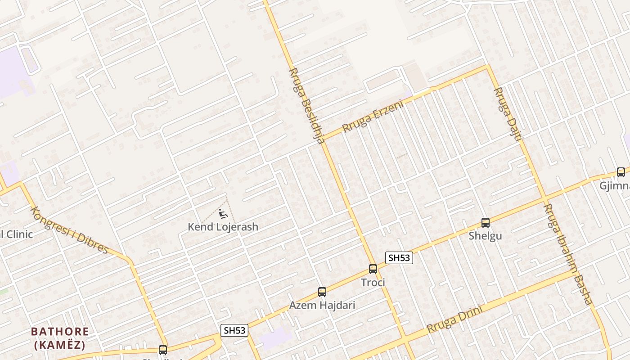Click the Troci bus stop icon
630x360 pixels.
(x=373, y=269)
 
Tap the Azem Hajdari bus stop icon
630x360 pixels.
(x=322, y=292)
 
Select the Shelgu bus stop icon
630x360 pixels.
(x=485, y=222)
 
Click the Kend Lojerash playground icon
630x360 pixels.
(x=222, y=213)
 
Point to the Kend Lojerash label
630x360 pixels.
(x=223, y=227)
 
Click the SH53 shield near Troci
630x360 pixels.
(x=399, y=258)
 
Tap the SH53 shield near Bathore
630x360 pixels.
(x=235, y=330)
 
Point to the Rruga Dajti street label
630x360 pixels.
(x=507, y=114)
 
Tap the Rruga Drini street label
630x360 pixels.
(x=454, y=319)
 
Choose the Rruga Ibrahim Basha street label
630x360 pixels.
(x=568, y=254)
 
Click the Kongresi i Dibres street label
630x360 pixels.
(x=70, y=230)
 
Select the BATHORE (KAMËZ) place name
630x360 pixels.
(x=60, y=338)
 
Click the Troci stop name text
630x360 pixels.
(x=373, y=283)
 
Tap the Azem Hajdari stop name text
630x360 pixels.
(x=322, y=305)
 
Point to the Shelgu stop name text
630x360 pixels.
(x=485, y=236)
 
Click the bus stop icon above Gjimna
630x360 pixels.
(x=621, y=172)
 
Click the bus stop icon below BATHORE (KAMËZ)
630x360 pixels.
(x=162, y=350)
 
